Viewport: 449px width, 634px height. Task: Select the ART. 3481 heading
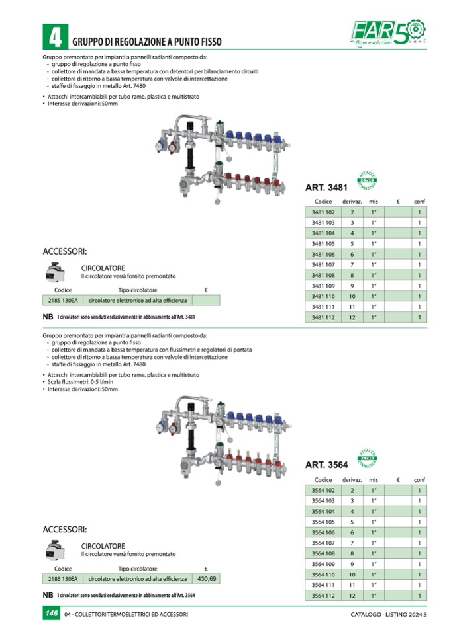(x=326, y=188)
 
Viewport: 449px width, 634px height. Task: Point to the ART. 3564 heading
(x=326, y=465)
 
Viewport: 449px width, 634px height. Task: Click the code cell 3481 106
(x=323, y=254)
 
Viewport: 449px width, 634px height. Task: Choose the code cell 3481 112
(x=323, y=317)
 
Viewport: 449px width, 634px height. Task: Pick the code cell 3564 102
(x=323, y=491)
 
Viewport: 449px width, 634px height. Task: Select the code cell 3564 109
(x=323, y=564)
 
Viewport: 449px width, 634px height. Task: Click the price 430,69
(x=207, y=578)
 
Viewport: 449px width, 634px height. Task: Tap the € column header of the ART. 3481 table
(x=397, y=201)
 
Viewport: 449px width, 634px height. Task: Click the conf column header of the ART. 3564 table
(x=419, y=479)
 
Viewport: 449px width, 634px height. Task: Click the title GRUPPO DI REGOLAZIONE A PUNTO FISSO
(x=148, y=41)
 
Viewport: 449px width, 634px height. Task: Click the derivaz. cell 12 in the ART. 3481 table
(x=353, y=317)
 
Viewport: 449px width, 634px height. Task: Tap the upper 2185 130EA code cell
(x=63, y=300)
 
